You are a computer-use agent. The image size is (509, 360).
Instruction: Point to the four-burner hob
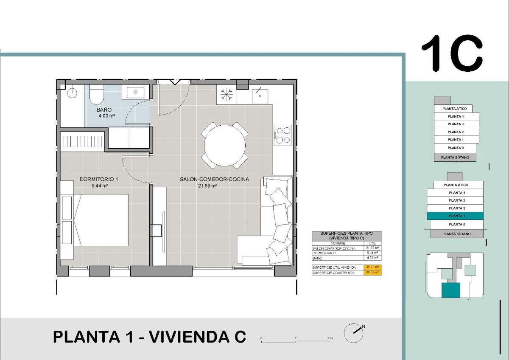click(282, 135)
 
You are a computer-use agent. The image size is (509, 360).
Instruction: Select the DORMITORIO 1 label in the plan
click(99, 180)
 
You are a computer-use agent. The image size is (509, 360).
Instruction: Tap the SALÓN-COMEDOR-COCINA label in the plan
click(214, 180)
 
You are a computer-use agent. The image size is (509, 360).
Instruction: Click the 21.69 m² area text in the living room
click(208, 186)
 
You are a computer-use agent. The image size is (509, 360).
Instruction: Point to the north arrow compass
click(353, 333)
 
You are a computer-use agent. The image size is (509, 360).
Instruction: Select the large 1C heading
click(452, 53)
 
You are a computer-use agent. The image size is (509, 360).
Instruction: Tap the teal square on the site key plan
click(450, 290)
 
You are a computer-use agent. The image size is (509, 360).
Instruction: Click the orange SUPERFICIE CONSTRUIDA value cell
click(373, 273)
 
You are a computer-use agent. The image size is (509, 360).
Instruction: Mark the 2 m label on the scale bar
click(330, 338)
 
